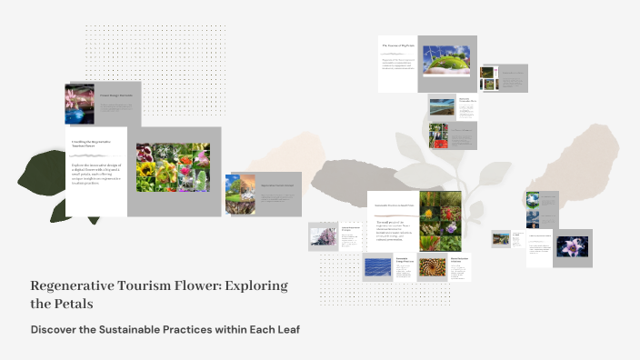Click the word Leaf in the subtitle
(x=283, y=329)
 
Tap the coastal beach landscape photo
(x=442, y=107)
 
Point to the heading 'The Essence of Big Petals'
(x=397, y=45)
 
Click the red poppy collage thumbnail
(x=440, y=135)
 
